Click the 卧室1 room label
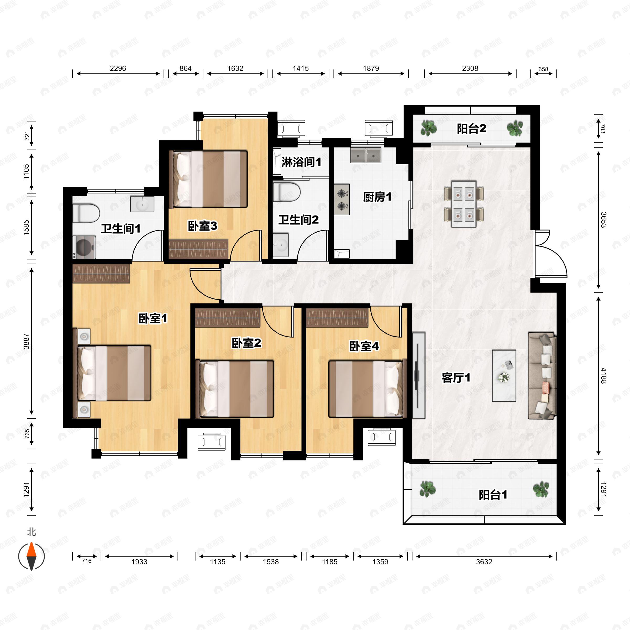(153, 319)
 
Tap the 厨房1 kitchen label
(377, 197)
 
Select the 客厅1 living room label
(456, 378)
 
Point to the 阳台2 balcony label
(471, 128)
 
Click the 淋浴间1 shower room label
(301, 162)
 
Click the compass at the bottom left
(31, 556)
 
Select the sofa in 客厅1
(542, 376)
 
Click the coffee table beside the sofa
(504, 376)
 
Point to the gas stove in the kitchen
(342, 199)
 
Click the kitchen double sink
(366, 155)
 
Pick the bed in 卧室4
(368, 389)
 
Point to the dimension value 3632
(484, 561)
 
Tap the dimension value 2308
(470, 69)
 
